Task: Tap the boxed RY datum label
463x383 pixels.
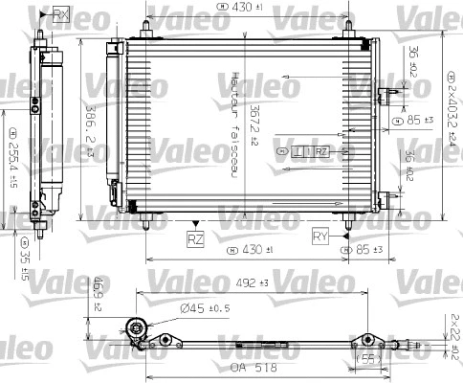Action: [321, 235]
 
